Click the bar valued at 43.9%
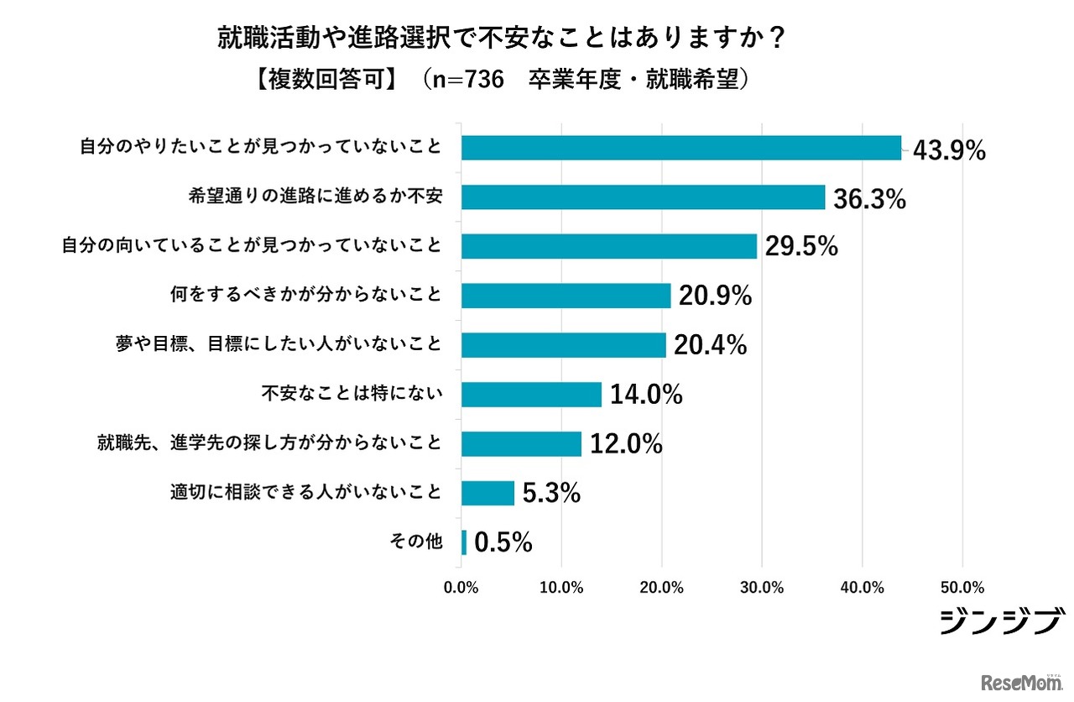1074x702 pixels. click(x=681, y=148)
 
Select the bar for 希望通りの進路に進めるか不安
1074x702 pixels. click(x=644, y=197)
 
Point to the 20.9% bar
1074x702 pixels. click(x=566, y=296)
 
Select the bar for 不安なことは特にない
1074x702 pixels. click(x=532, y=394)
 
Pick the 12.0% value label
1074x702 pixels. click(x=626, y=443)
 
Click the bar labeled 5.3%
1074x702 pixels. click(x=487, y=493)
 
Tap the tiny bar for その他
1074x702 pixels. click(x=464, y=542)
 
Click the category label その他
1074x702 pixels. click(x=415, y=542)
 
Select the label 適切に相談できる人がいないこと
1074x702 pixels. click(x=305, y=493)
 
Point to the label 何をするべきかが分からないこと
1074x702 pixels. click(x=305, y=296)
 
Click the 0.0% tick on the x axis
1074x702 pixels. click(x=461, y=587)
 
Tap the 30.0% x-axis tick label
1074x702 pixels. click(x=762, y=587)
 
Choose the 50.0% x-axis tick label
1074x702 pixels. click(x=962, y=587)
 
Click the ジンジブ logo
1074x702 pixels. click(x=1000, y=621)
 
